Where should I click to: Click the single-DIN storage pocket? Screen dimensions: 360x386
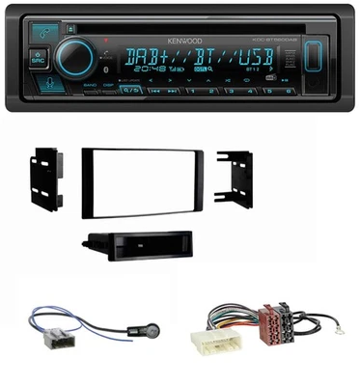[x=134, y=248]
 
